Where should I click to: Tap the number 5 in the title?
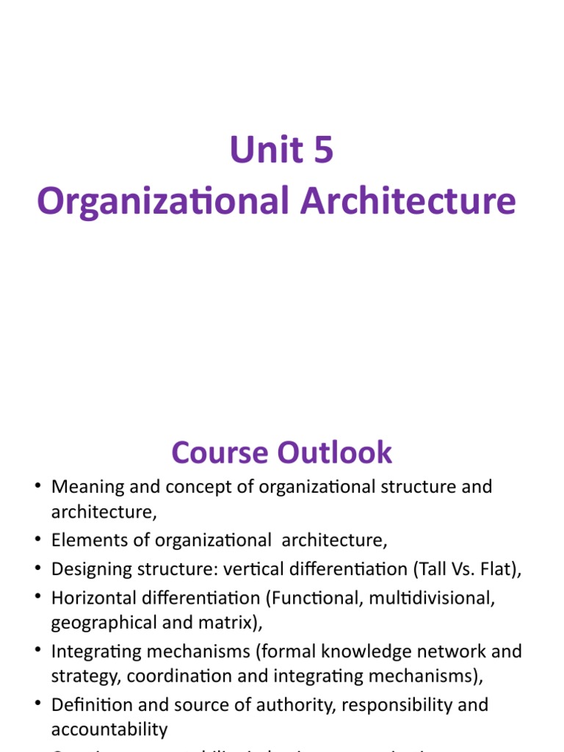(x=322, y=150)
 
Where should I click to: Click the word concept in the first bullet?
(x=207, y=487)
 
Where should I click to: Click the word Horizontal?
(x=91, y=598)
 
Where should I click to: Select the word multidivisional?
(x=428, y=598)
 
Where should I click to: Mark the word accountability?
(x=109, y=730)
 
